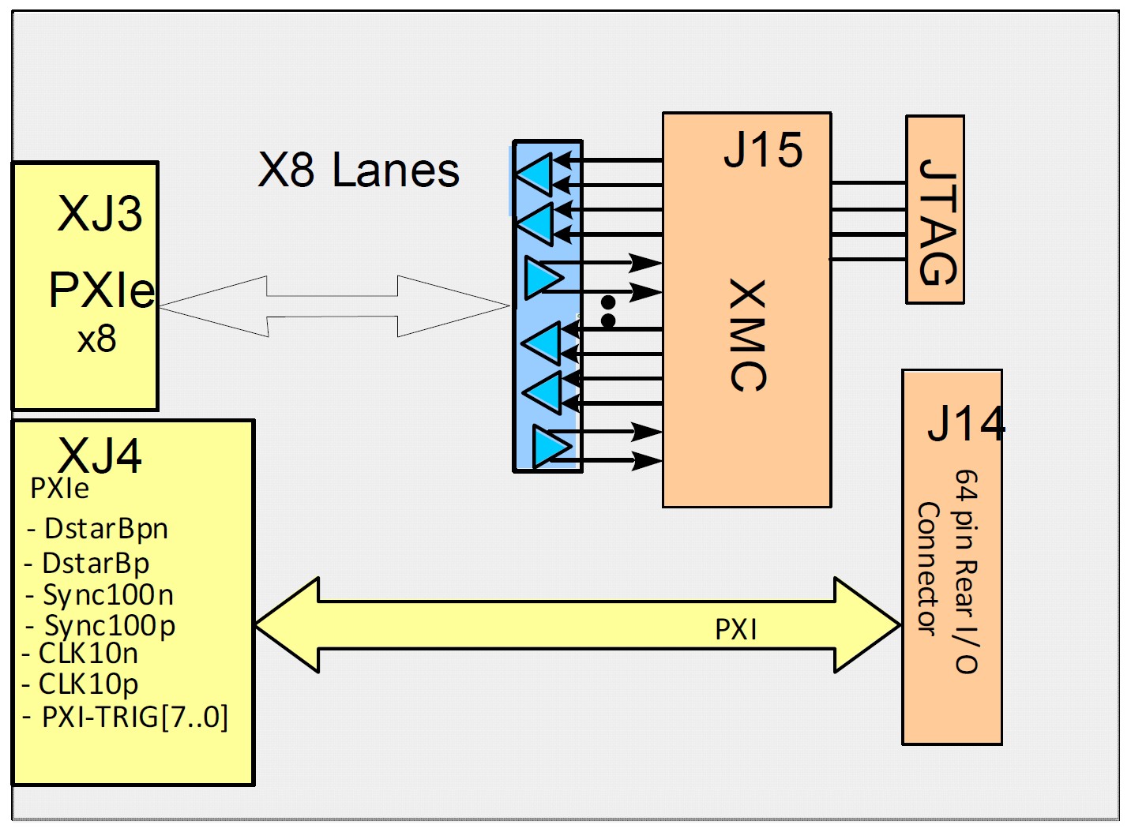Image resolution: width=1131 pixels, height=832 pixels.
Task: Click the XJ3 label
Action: (x=100, y=213)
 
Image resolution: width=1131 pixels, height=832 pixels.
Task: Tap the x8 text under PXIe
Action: (x=96, y=340)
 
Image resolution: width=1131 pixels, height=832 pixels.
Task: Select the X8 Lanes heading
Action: (x=359, y=171)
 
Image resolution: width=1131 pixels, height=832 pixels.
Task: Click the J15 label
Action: (x=763, y=150)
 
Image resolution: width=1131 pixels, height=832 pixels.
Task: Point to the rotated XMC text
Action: (x=747, y=335)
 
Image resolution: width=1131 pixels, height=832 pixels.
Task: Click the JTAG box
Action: (x=936, y=210)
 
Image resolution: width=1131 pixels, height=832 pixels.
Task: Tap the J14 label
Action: (x=966, y=424)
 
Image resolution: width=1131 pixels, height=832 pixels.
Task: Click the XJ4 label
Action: (x=100, y=455)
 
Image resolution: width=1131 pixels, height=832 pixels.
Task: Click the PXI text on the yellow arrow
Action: (x=736, y=630)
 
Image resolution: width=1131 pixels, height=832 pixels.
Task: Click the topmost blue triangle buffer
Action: (x=535, y=173)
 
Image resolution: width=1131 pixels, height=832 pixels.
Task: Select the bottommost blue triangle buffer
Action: (x=550, y=447)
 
